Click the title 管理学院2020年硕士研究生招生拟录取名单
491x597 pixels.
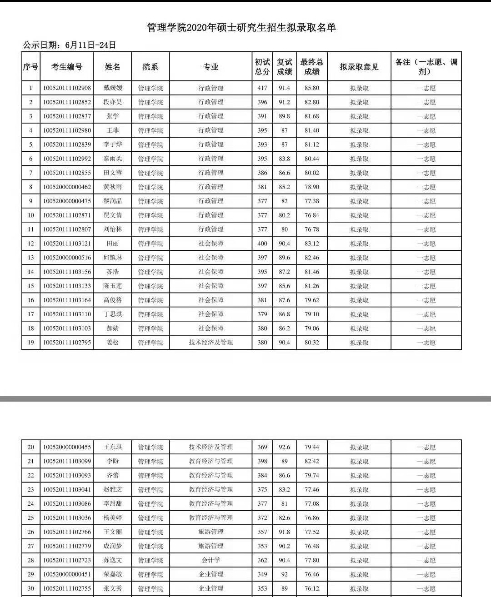point(241,28)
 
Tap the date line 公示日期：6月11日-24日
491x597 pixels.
point(70,45)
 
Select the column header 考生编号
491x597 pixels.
point(67,67)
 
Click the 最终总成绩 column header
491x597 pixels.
point(311,67)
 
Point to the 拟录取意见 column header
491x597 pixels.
point(359,67)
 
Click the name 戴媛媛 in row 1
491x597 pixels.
point(113,88)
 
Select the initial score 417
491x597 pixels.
point(262,88)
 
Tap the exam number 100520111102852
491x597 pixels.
point(67,102)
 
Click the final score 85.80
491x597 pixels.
point(311,88)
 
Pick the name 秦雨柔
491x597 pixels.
point(113,159)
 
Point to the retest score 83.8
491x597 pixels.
point(285,159)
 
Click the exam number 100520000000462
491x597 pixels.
point(67,187)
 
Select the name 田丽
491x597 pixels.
point(113,244)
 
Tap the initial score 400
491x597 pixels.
point(262,244)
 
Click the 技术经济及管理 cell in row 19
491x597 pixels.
point(210,343)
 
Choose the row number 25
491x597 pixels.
point(31,518)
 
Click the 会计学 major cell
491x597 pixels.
point(210,560)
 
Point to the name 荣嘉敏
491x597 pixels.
point(113,574)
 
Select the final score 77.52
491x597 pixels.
point(311,532)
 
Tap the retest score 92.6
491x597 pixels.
point(285,447)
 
